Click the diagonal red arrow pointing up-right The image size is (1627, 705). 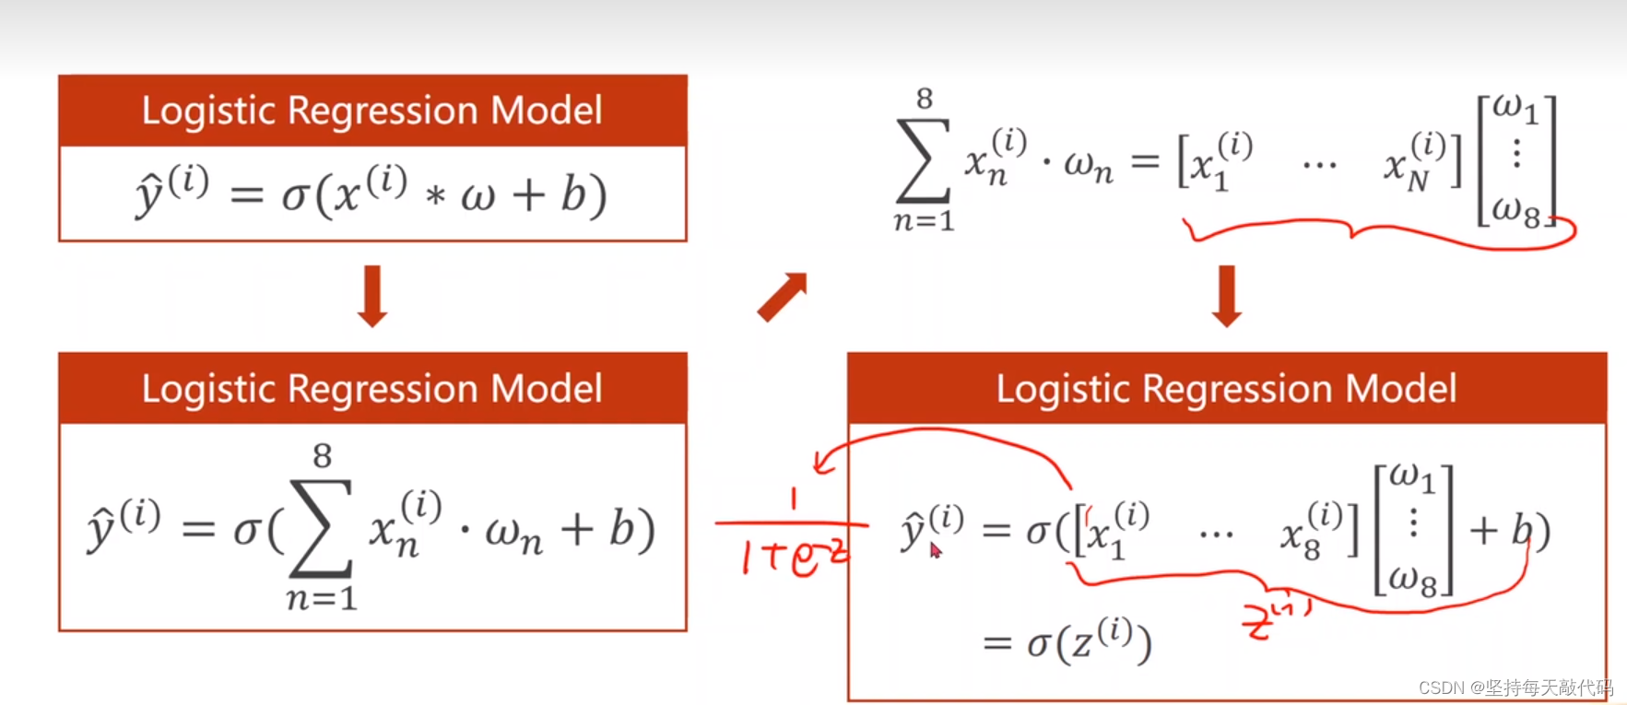pos(782,297)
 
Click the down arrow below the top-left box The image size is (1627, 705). pos(372,296)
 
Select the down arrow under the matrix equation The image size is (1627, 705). pos(1227,296)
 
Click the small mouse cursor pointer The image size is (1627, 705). pos(935,550)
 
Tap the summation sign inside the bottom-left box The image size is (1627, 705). pos(321,527)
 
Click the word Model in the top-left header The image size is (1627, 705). pos(546,111)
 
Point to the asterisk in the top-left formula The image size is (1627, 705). pos(435,195)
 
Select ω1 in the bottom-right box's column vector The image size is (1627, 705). pos(1412,476)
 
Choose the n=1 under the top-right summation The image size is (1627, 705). pos(924,221)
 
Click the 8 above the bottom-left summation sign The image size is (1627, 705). pos(322,455)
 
